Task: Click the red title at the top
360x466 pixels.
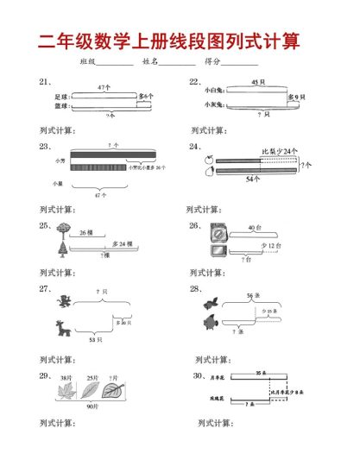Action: click(x=180, y=41)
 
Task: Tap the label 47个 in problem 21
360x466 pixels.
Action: click(x=104, y=87)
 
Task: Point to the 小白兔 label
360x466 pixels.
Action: click(x=213, y=90)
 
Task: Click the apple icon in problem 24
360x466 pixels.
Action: click(x=210, y=160)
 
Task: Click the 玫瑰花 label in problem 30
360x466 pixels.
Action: click(x=216, y=398)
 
